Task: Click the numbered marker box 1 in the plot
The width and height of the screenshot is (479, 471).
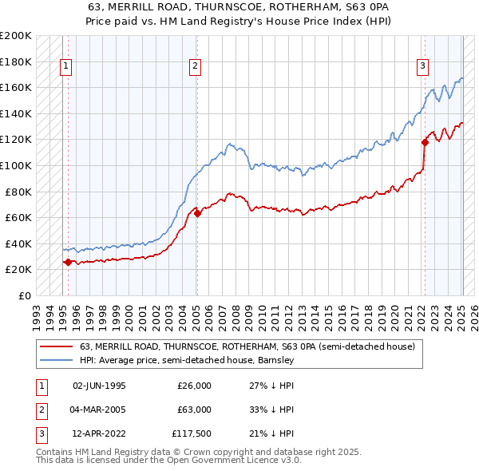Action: (67, 66)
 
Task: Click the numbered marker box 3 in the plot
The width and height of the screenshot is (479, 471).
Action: (422, 66)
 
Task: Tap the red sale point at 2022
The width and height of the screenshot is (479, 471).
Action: (425, 143)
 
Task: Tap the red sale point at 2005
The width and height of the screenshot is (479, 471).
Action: (197, 213)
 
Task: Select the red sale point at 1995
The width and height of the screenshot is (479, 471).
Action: (68, 261)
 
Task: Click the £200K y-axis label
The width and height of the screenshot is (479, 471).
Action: (16, 36)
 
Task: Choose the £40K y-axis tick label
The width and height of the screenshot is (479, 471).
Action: (18, 243)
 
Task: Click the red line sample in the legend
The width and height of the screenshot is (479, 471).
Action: (56, 347)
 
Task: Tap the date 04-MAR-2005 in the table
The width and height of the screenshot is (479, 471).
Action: (99, 410)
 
